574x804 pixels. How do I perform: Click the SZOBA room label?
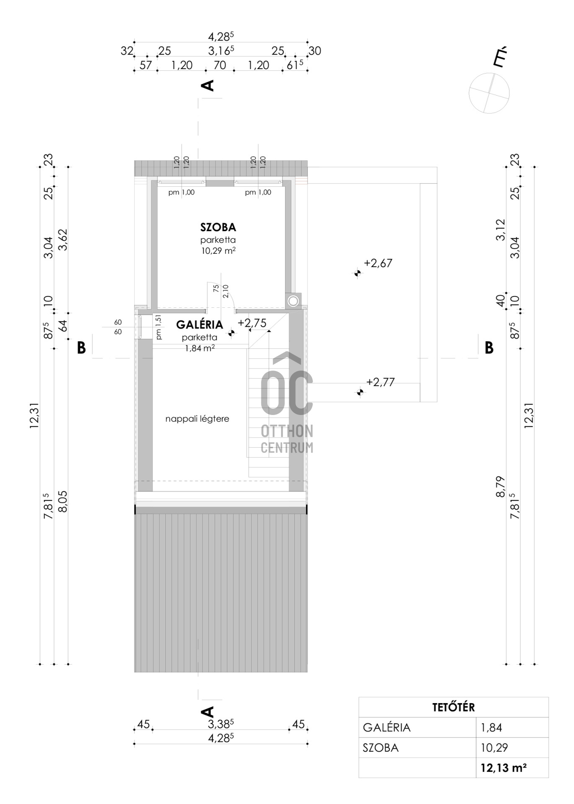pos(218,227)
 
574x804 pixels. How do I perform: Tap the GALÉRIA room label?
pos(199,325)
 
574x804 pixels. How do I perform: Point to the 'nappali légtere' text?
pos(197,419)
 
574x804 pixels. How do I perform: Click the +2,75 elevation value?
pos(252,323)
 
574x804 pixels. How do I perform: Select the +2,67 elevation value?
pos(378,263)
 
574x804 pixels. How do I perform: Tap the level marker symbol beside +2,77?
pos(359,392)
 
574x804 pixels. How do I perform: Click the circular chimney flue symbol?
pos(293,301)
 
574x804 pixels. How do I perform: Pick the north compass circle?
pos(489,93)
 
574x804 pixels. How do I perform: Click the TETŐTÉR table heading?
pos(453,707)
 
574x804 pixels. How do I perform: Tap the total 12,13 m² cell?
pos(504,768)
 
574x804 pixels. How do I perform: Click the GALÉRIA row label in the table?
pos(387,728)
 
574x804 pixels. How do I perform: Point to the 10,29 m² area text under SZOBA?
pos(218,251)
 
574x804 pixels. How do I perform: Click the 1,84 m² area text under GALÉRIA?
pos(200,347)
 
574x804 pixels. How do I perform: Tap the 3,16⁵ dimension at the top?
pos(221,51)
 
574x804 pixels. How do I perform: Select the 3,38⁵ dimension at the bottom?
pos(221,724)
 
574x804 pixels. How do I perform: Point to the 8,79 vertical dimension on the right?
pos(500,487)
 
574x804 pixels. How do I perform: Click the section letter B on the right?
pos(489,348)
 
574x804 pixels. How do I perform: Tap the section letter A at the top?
pos(208,85)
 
